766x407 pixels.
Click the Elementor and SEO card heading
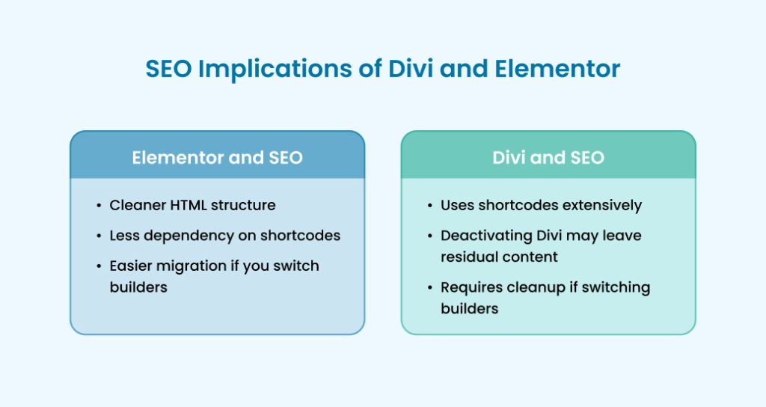coord(217,158)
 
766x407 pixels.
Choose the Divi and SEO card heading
coord(548,158)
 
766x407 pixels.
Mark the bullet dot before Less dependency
coord(99,236)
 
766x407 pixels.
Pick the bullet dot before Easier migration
coord(99,266)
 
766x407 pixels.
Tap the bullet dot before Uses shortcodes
coord(430,205)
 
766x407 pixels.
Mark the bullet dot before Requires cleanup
coord(430,287)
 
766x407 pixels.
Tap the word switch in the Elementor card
coord(298,266)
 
